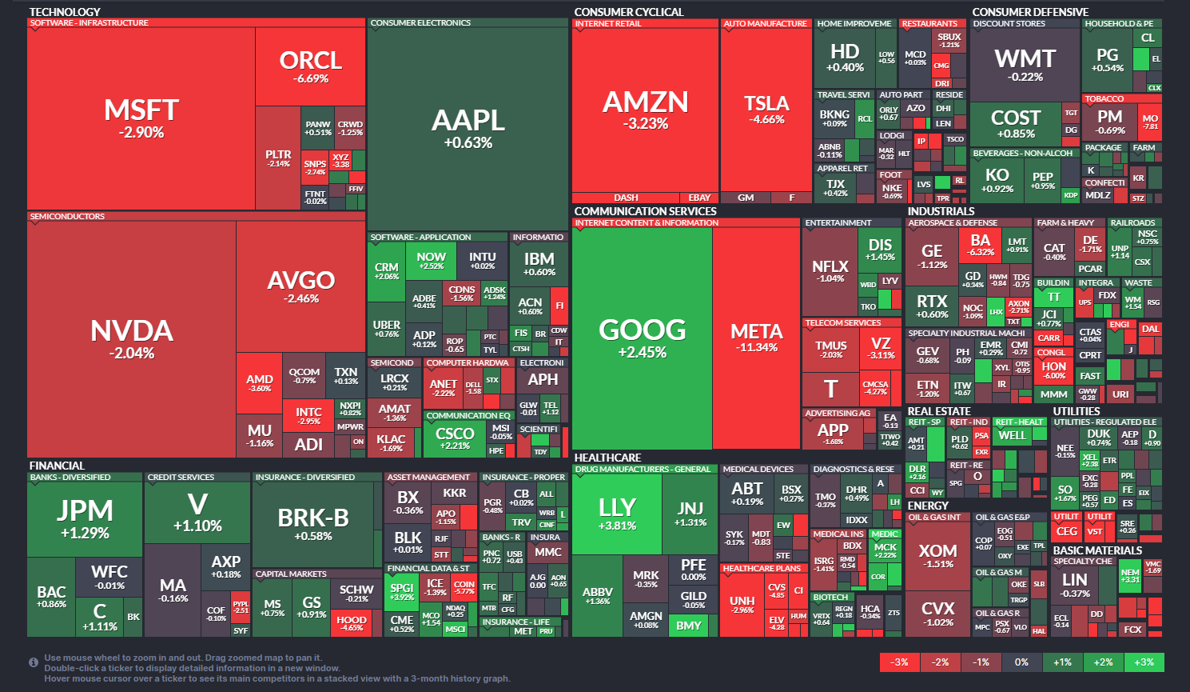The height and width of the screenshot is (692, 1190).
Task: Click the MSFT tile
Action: (141, 118)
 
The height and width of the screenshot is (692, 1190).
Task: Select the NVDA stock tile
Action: (132, 338)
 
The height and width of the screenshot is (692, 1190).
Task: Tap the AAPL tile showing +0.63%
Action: (468, 128)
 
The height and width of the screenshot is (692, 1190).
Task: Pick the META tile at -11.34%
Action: (756, 337)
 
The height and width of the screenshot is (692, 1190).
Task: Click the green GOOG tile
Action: (642, 337)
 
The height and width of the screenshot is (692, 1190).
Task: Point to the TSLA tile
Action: (766, 109)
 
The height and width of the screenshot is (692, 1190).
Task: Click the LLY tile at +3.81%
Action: (617, 513)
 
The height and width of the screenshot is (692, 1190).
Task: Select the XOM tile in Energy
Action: (937, 555)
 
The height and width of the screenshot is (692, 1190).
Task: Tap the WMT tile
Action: (1025, 64)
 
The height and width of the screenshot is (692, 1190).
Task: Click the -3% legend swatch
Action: (899, 662)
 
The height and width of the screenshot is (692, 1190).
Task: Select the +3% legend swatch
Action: (1144, 662)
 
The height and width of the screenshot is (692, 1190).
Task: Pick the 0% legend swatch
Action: (1021, 662)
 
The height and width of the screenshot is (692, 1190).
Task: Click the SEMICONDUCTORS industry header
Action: (68, 217)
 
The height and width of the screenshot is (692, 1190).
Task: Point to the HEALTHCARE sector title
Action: (607, 458)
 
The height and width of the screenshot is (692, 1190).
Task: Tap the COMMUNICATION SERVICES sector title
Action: (645, 211)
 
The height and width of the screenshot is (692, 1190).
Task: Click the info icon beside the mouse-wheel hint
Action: (34, 662)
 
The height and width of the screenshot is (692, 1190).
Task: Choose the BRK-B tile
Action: (313, 523)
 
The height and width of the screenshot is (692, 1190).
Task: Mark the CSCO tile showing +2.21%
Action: (455, 437)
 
